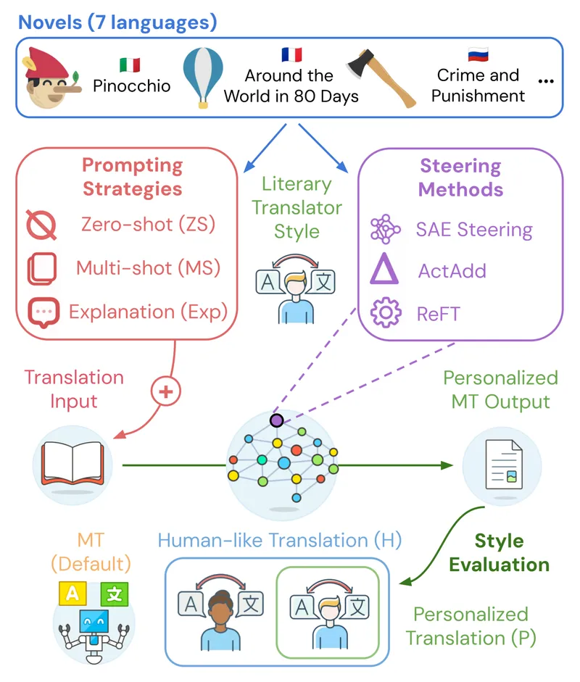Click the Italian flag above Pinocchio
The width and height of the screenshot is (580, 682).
tap(130, 65)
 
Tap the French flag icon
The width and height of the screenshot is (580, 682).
tap(291, 54)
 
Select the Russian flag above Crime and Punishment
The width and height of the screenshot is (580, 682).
tap(478, 54)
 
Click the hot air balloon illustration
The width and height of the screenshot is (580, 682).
tap(203, 77)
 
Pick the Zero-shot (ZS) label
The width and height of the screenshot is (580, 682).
tap(149, 225)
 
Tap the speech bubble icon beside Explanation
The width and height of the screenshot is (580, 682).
tap(43, 312)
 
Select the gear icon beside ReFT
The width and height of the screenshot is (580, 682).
tap(386, 312)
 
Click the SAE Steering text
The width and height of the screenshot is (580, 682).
tap(474, 229)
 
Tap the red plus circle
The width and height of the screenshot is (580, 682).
tap(166, 391)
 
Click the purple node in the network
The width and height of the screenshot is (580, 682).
tap(277, 420)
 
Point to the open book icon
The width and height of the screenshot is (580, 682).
tap(72, 463)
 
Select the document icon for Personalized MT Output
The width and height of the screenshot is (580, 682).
tap(504, 465)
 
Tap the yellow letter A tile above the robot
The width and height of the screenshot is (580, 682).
tap(72, 594)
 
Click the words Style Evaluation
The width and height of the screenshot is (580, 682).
tap(500, 553)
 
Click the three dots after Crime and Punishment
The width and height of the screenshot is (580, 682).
tap(546, 81)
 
